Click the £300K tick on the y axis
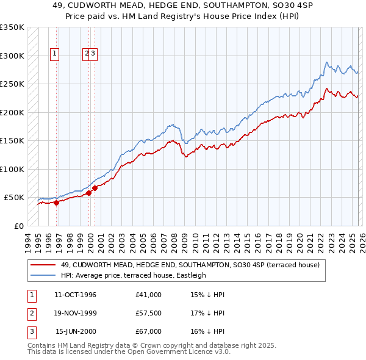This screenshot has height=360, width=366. (x=12, y=56)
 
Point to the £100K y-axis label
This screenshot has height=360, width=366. (x=12, y=169)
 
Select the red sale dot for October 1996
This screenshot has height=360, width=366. (x=56, y=203)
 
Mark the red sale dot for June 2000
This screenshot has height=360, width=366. (x=95, y=188)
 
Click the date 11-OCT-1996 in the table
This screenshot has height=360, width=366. (x=75, y=295)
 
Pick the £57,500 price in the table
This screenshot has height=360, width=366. (x=149, y=313)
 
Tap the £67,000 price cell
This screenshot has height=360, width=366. (x=149, y=331)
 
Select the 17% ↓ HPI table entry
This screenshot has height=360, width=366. (x=207, y=313)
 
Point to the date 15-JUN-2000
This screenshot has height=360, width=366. (x=76, y=331)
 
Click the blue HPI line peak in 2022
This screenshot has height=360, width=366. (x=328, y=62)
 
